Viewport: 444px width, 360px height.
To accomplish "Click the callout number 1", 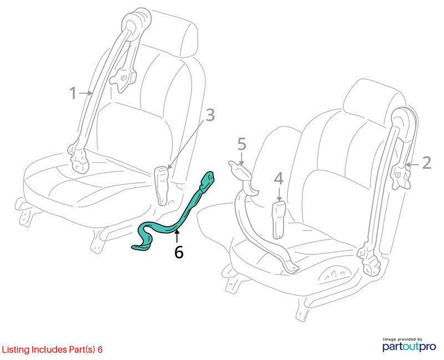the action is (x=73, y=93).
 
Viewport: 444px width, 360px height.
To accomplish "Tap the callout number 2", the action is (x=426, y=163).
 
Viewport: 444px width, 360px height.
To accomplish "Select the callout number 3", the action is (x=210, y=116).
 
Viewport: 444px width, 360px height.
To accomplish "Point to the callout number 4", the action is (x=279, y=179).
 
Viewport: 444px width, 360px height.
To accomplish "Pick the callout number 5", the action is (x=241, y=144).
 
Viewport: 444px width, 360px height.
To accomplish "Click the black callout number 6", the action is (x=179, y=252).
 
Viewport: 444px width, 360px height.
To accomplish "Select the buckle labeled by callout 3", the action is (x=162, y=185).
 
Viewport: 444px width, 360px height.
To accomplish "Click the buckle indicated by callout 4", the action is (x=279, y=219).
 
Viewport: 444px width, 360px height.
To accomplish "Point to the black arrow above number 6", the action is (x=177, y=237).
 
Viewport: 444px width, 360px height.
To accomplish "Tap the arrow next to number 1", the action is (x=86, y=93).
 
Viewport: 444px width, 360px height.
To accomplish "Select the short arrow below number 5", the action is (x=241, y=158).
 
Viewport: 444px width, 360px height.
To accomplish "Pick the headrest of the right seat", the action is (x=374, y=99).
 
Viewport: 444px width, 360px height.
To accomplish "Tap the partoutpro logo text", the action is (x=409, y=347).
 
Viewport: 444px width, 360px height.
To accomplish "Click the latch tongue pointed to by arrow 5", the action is (x=239, y=169).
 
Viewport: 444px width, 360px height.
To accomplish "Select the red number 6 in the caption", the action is (x=100, y=349).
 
